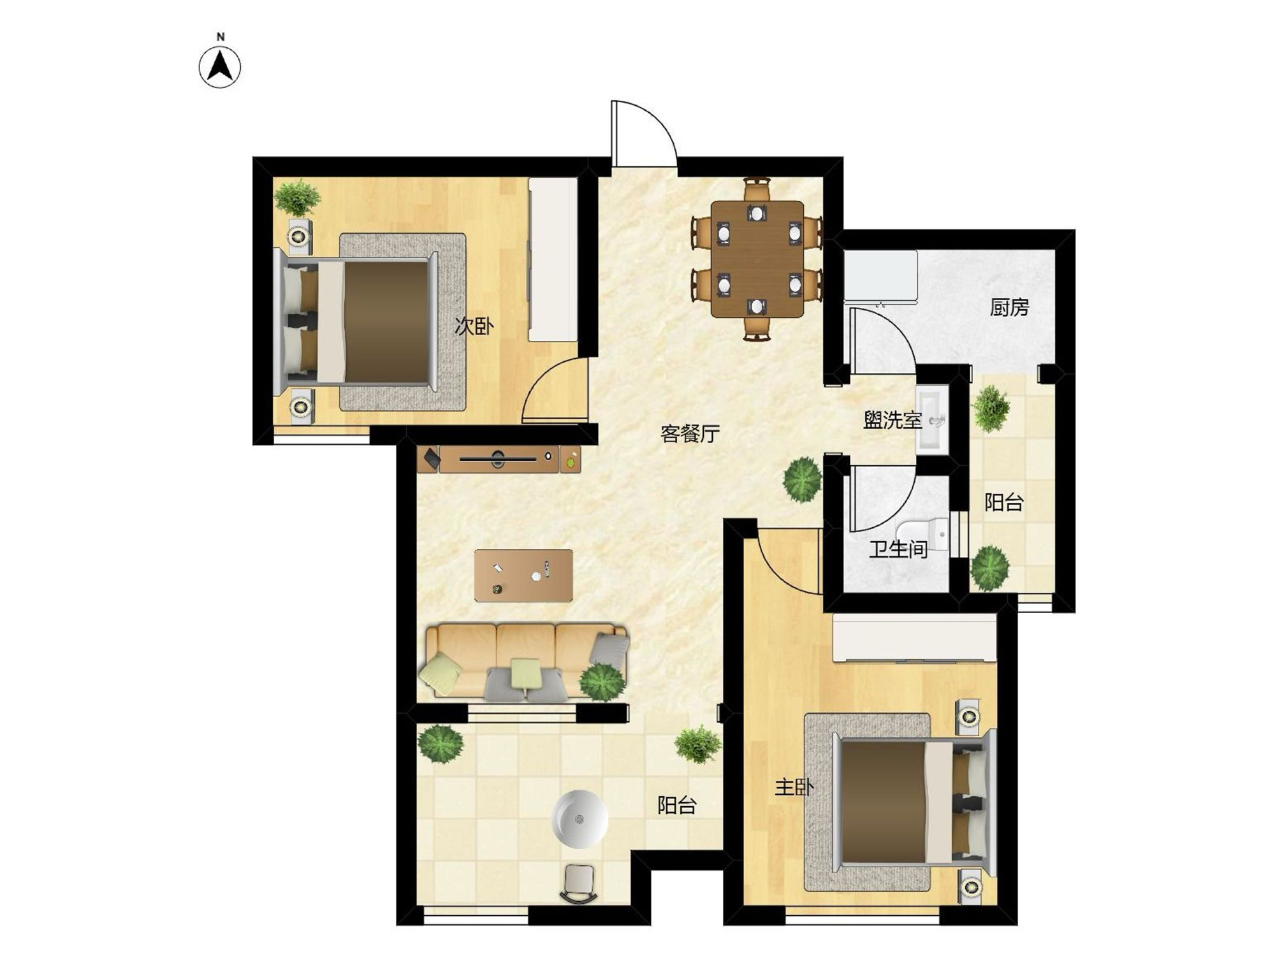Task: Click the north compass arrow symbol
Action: pos(220,66)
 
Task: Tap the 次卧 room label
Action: pos(474,327)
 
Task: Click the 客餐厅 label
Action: pos(690,434)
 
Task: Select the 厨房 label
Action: pos(1009,308)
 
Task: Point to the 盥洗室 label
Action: pos(892,420)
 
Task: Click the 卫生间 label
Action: pos(898,549)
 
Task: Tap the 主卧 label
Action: pos(794,788)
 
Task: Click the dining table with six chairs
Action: pos(757,259)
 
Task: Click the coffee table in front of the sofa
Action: pos(523,576)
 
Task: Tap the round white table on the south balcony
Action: pos(579,819)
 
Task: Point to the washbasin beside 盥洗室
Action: pos(932,419)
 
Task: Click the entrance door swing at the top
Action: pos(643,133)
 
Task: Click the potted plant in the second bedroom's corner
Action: pos(297,198)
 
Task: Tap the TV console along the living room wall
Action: pos(499,459)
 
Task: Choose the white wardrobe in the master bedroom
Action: pos(914,639)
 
